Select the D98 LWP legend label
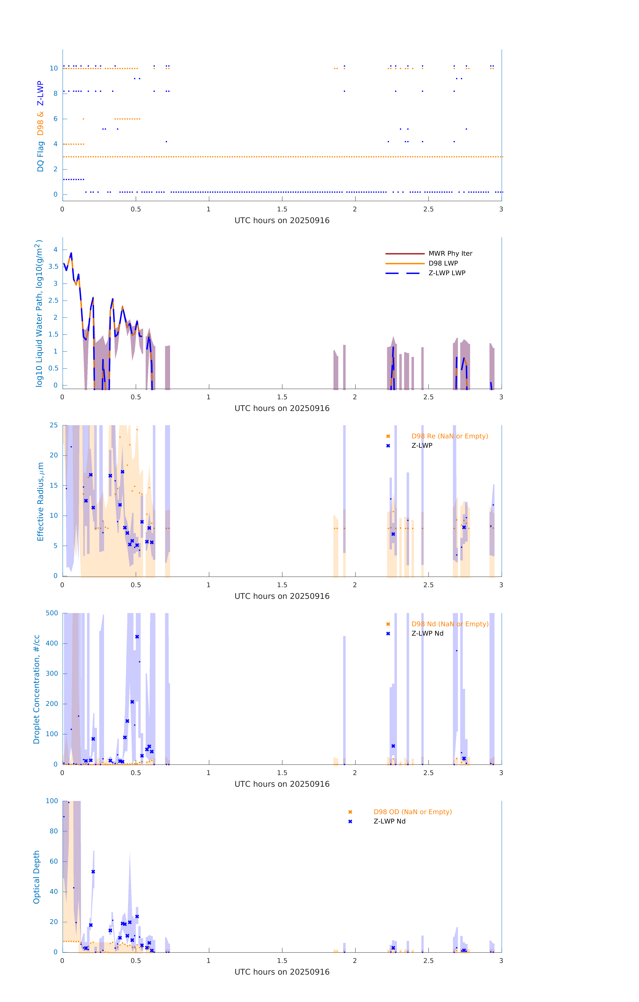pyautogui.click(x=443, y=263)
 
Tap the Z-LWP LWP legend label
pyautogui.click(x=447, y=273)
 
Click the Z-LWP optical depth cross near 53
pyautogui.click(x=93, y=872)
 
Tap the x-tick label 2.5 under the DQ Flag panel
pyautogui.click(x=428, y=209)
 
